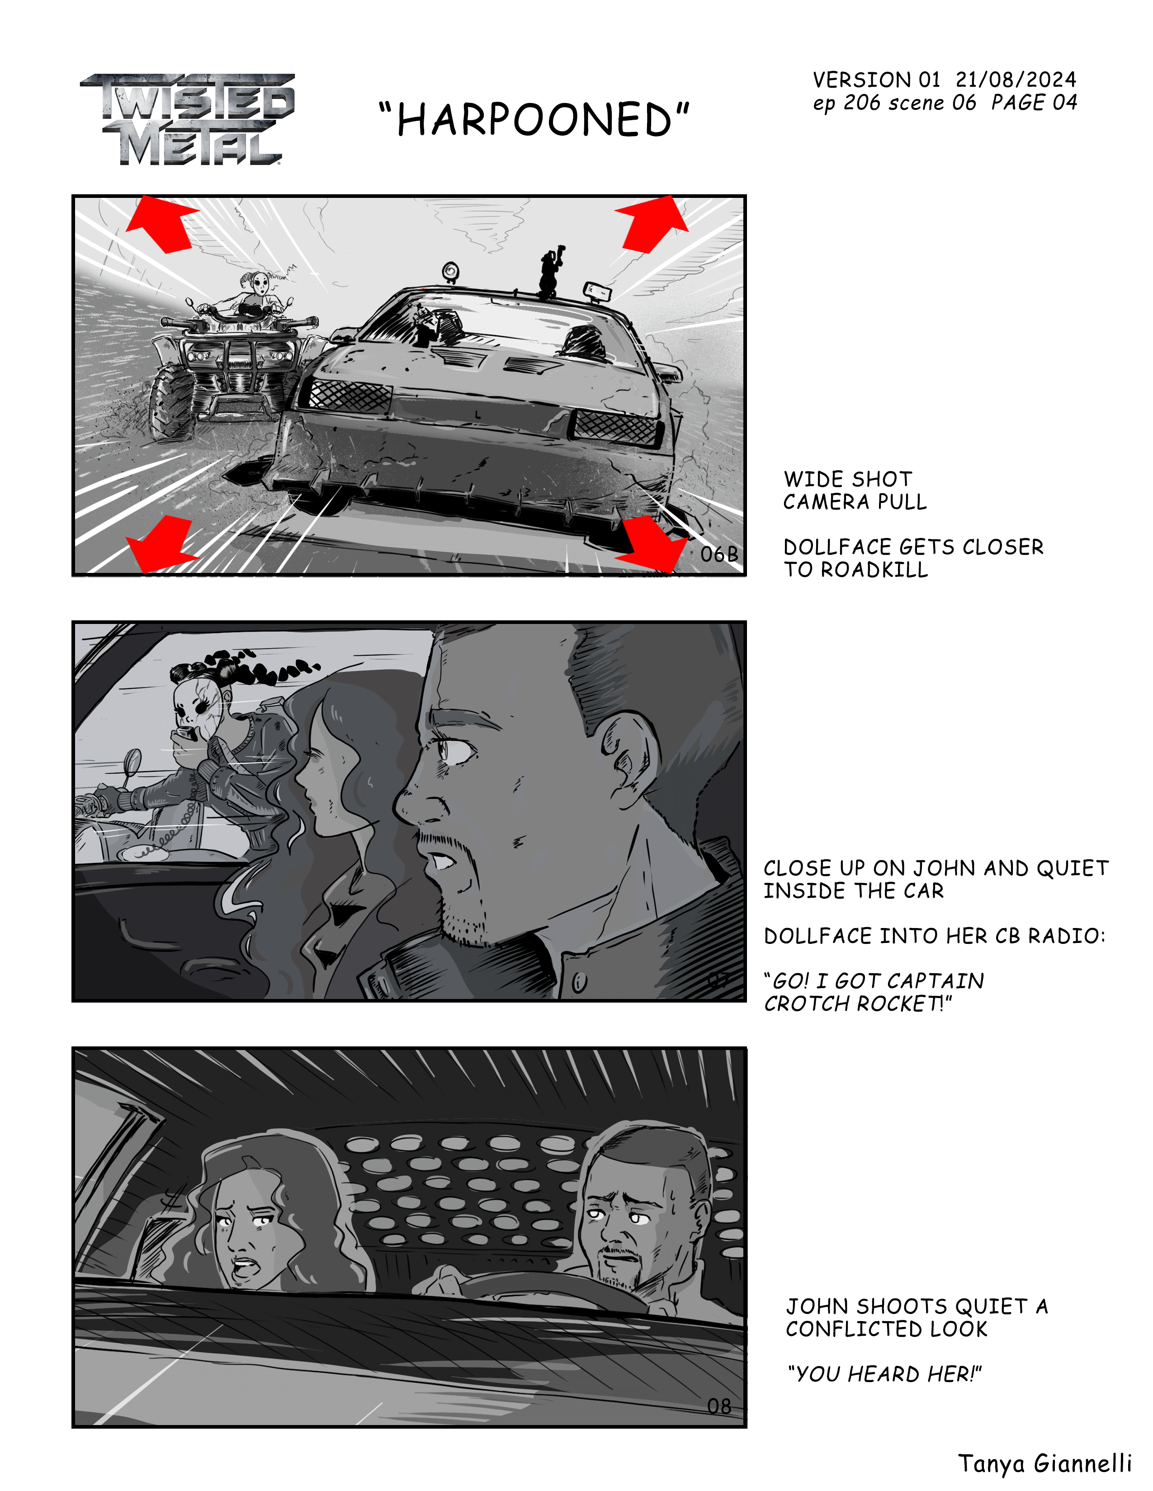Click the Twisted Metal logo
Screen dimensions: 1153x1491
click(x=187, y=119)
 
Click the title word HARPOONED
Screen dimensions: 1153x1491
click(x=534, y=120)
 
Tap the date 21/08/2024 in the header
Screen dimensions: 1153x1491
click(x=1016, y=80)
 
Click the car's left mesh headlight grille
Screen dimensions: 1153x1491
click(x=348, y=394)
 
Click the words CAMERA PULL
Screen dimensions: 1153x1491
click(x=855, y=502)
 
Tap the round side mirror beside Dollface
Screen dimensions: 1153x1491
click(x=132, y=761)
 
